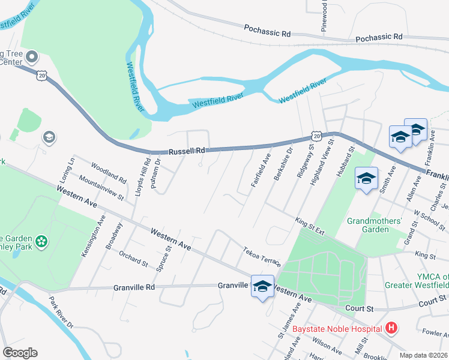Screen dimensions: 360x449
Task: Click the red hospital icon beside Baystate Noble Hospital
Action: [x=391, y=328]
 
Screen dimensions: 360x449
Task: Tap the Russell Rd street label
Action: [x=187, y=151]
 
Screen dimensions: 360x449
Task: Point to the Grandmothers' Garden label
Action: [x=375, y=225]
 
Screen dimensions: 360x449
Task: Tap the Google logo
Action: [x=20, y=353]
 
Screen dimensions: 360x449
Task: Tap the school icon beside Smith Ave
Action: [x=366, y=178]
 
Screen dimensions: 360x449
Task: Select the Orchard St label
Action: [x=133, y=260]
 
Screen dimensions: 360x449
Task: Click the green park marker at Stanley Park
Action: [x=41, y=242]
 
